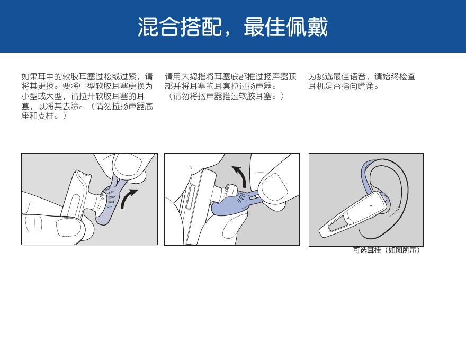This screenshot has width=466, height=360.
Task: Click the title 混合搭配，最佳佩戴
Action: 232,27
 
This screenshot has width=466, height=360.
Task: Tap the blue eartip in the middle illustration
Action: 229,205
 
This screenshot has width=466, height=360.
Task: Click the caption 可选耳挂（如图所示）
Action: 387,250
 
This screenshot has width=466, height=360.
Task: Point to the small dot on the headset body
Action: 371,205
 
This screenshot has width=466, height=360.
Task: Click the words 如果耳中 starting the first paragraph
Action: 38,77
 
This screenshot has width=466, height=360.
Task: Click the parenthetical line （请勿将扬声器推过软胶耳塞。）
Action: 225,96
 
